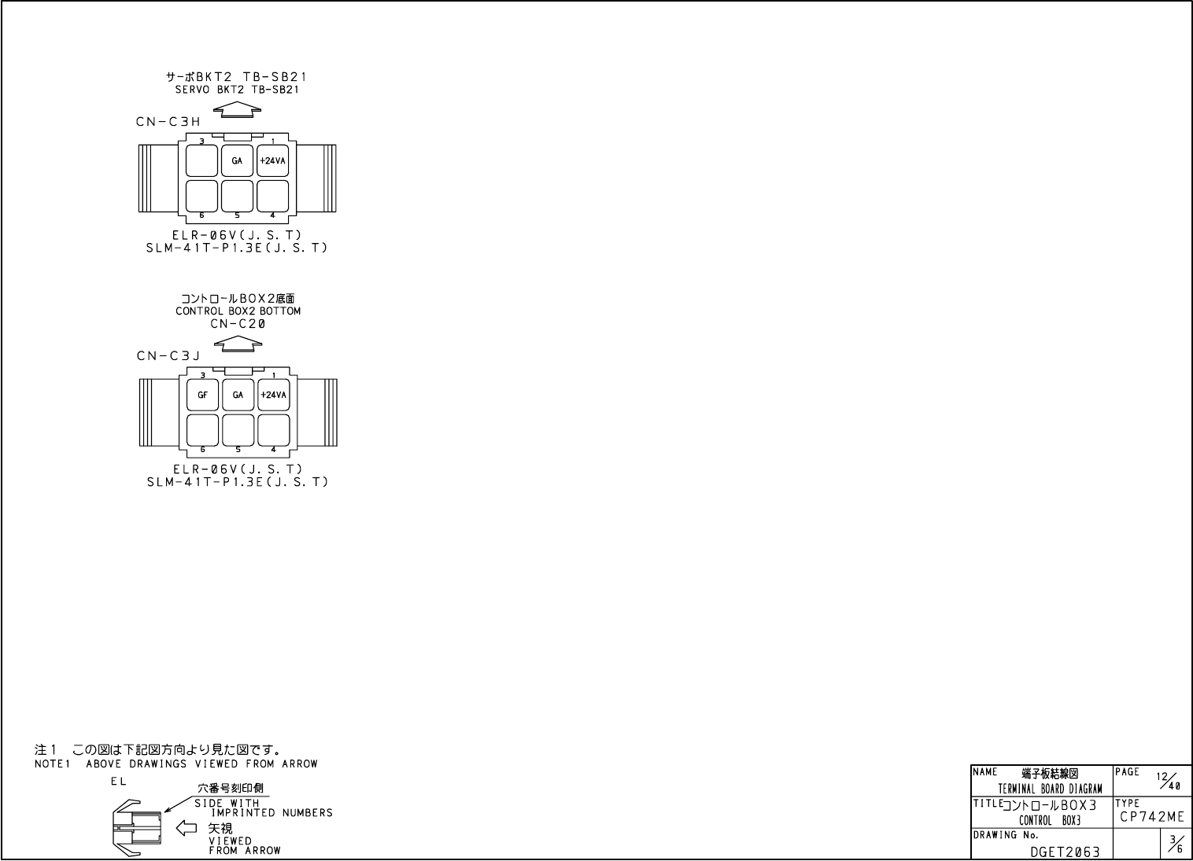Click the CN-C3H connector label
click(168, 122)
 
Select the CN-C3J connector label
click(168, 356)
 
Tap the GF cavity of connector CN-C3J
click(202, 396)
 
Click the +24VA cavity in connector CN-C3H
click(273, 161)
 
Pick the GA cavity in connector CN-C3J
click(238, 396)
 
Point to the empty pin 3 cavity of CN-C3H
click(201, 161)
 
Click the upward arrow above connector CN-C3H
click(238, 111)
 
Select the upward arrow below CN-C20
click(238, 343)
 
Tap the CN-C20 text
click(238, 323)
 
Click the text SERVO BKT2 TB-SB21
click(237, 90)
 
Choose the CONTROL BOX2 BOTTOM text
click(238, 311)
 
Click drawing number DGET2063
click(1065, 851)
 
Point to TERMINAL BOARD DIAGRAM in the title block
click(1050, 789)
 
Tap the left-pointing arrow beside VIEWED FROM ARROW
click(186, 827)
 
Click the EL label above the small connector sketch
click(118, 782)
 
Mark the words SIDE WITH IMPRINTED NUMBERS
click(264, 808)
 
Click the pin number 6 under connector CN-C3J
click(202, 450)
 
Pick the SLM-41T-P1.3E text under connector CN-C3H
click(237, 248)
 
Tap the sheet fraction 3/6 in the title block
click(1174, 845)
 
